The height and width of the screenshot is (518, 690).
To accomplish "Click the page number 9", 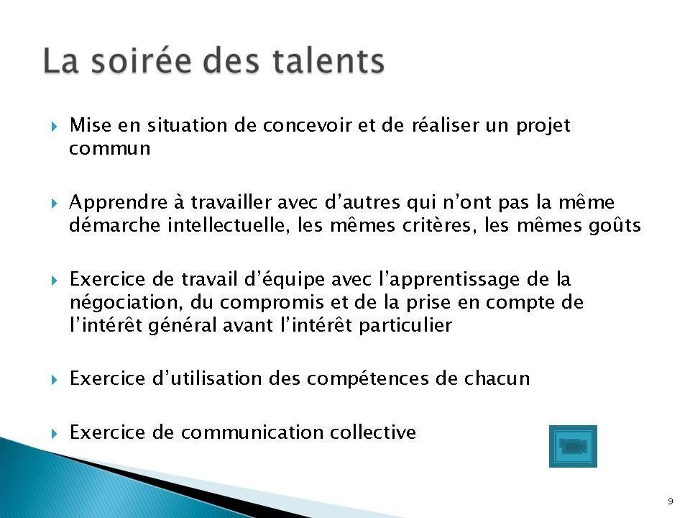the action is pyautogui.click(x=670, y=501).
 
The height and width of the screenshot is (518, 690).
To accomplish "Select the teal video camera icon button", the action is pyautogui.click(x=573, y=446).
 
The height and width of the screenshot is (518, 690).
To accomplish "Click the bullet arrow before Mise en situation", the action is pyautogui.click(x=54, y=127).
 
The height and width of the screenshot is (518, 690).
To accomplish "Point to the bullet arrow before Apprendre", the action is pyautogui.click(x=54, y=204).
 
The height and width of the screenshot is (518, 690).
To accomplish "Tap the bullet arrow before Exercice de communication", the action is pyautogui.click(x=54, y=433).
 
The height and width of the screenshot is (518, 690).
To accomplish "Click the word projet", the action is pyautogui.click(x=543, y=127).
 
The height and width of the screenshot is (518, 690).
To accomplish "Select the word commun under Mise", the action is pyautogui.click(x=109, y=149).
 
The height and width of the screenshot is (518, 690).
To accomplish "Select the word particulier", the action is pyautogui.click(x=405, y=325).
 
